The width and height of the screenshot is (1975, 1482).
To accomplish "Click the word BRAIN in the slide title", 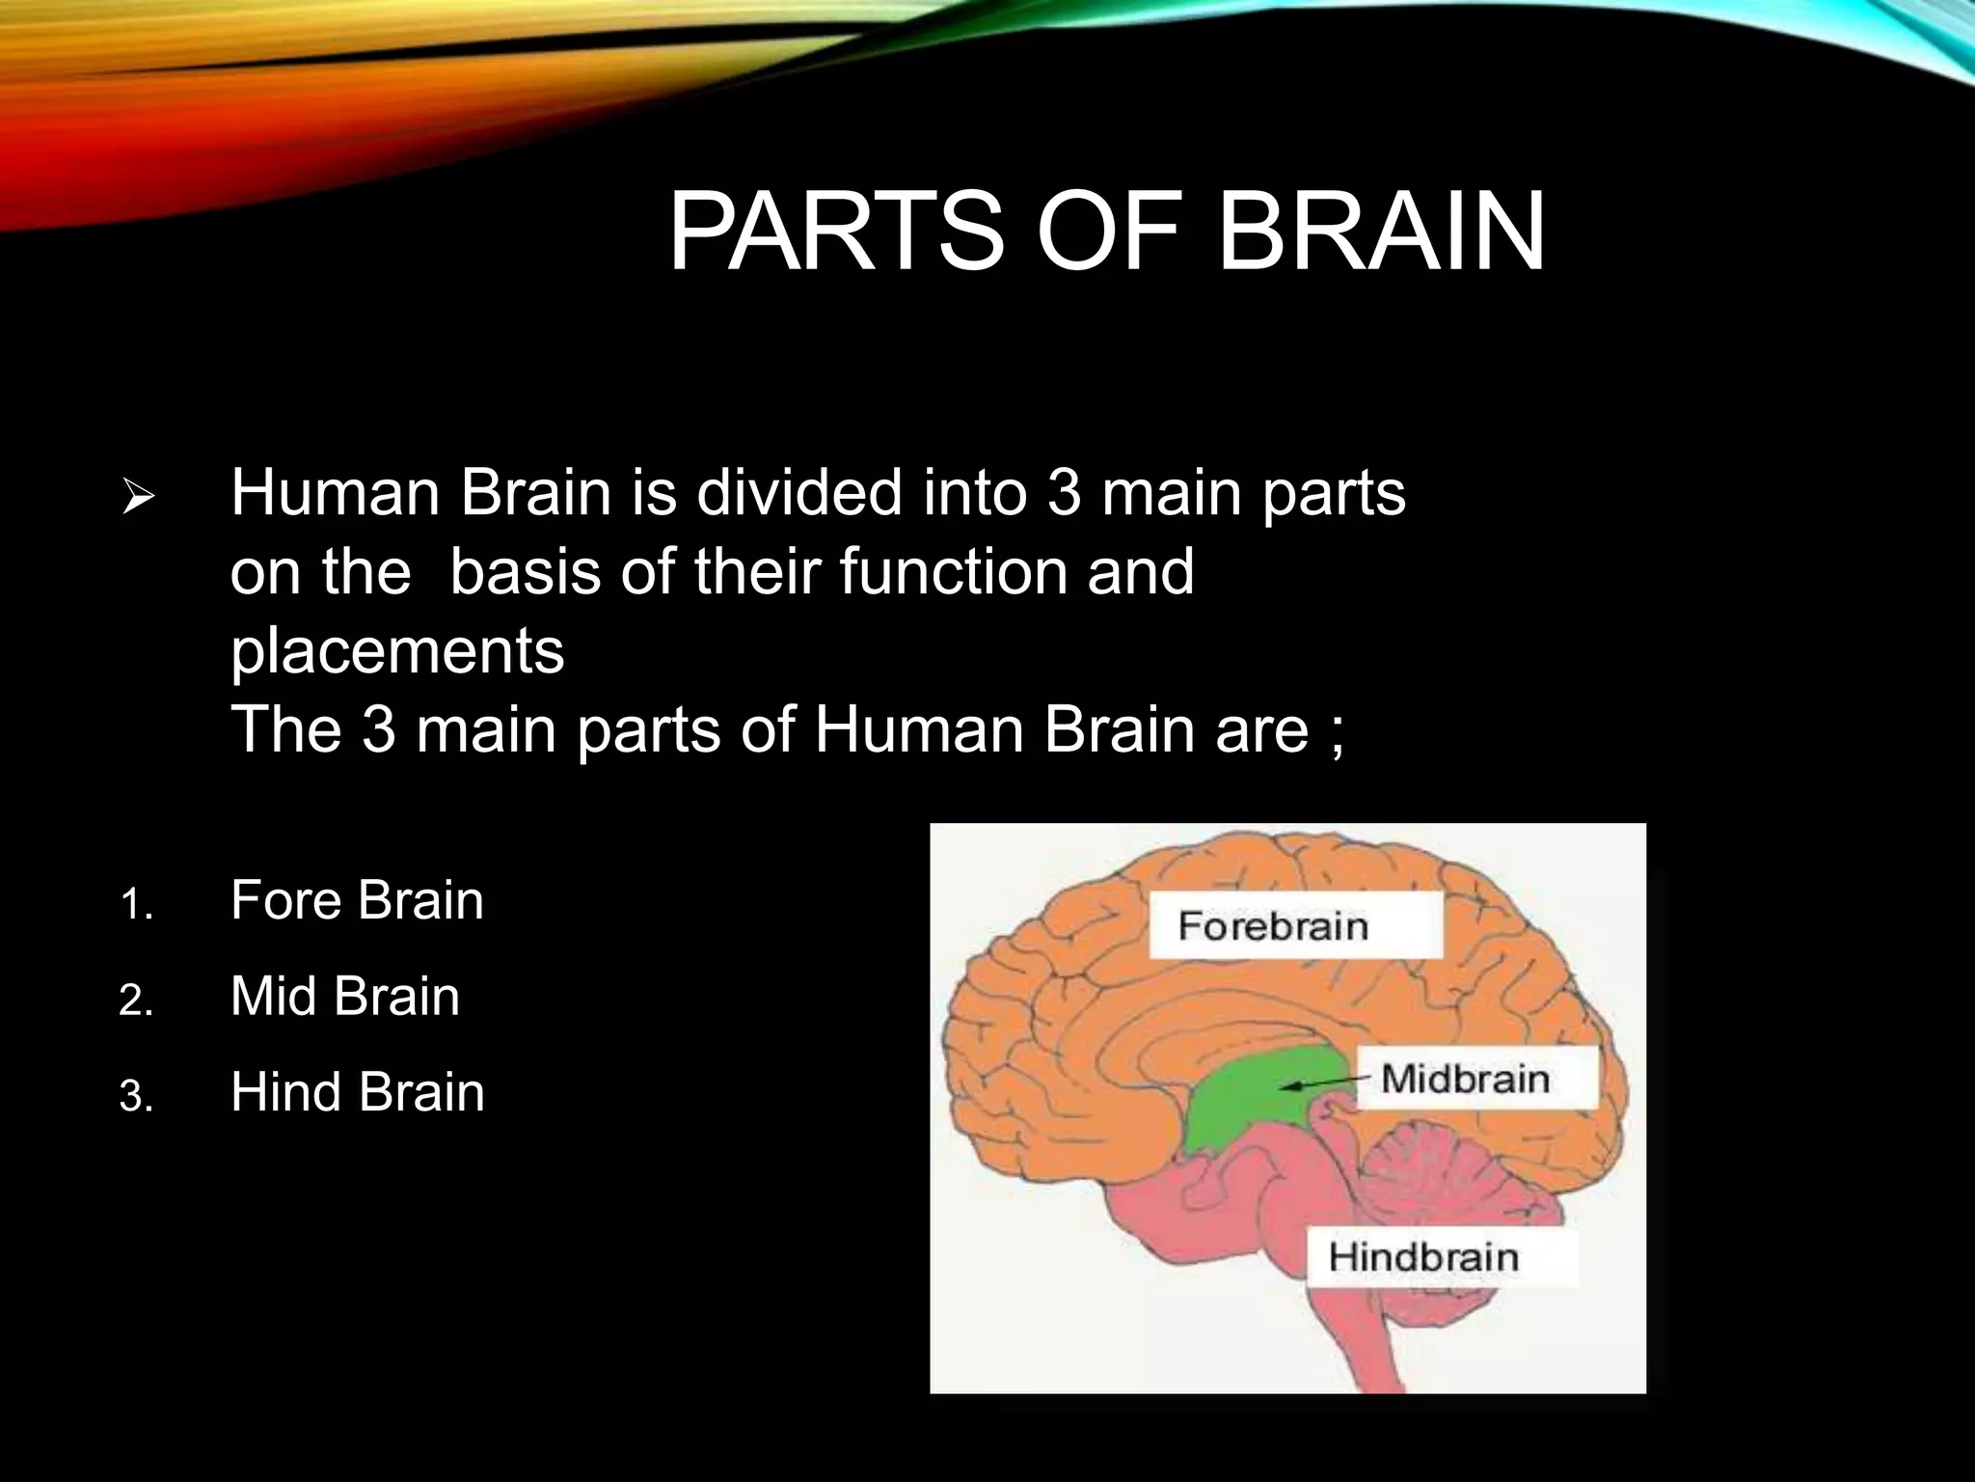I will [1381, 233].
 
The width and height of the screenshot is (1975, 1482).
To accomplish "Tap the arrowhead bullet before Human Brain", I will [139, 499].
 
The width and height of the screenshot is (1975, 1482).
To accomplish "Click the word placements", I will [397, 650].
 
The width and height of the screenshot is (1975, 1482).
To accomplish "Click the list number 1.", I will [135, 906].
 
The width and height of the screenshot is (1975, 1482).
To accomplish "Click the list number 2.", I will [135, 1002].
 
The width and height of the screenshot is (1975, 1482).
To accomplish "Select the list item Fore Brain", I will [357, 901].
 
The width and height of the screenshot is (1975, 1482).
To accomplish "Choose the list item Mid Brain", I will [345, 997].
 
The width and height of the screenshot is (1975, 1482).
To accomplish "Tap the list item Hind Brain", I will [357, 1093].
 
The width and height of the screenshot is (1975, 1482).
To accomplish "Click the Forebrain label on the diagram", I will [1273, 926].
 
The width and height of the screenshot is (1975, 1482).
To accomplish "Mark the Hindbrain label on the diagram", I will [1423, 1257].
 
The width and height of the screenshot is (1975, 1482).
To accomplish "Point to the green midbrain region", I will [1244, 1100].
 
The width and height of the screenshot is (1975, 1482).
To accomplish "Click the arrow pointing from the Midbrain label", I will [1326, 1084].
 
